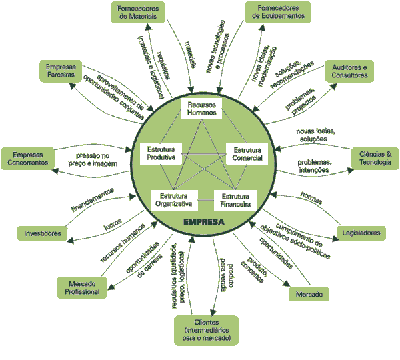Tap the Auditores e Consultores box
(x=349, y=71)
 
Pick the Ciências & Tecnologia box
(x=375, y=157)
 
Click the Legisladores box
(x=361, y=233)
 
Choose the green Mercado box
(x=309, y=294)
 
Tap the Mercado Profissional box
(x=82, y=288)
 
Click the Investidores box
(x=43, y=233)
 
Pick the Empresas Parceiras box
(x=60, y=72)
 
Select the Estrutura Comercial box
(x=244, y=154)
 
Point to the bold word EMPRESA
(x=203, y=221)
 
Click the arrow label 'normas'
(x=311, y=199)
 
